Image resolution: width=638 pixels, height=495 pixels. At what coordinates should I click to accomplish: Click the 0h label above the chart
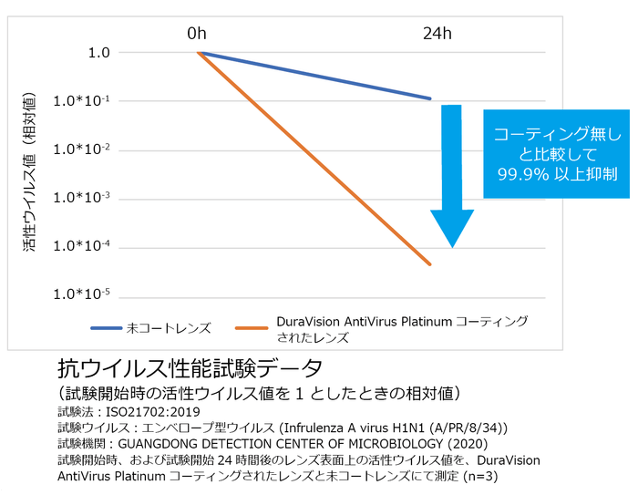pos(197,34)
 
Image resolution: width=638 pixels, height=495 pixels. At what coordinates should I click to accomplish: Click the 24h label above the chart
pos(437,34)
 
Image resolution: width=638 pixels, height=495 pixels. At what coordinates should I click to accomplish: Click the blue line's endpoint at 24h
pos(430,98)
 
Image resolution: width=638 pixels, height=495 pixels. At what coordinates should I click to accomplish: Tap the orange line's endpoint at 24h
pos(430,265)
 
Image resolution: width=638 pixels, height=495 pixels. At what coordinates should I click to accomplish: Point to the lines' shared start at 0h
pos(198,53)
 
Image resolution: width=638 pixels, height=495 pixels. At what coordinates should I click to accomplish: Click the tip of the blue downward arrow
pos(452,246)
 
